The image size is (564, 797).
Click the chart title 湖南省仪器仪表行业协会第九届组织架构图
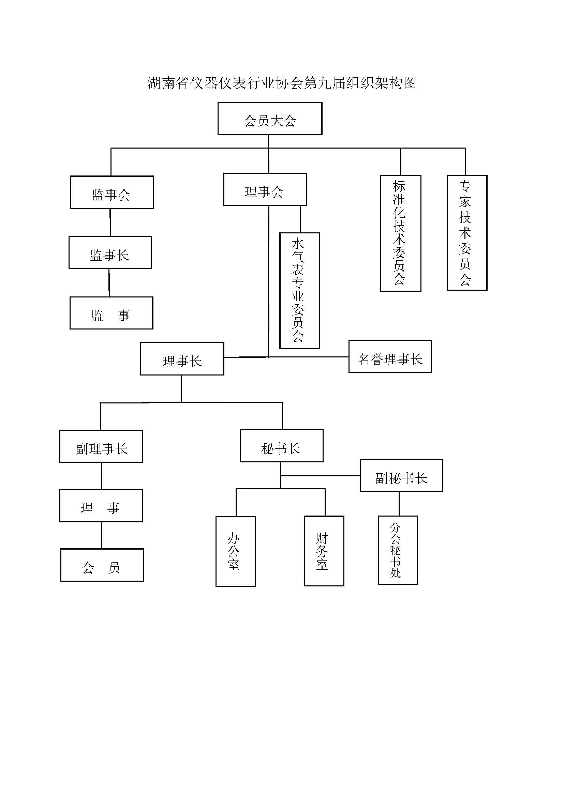pyautogui.click(x=282, y=83)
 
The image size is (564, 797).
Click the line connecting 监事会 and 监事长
pyautogui.click(x=110, y=223)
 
